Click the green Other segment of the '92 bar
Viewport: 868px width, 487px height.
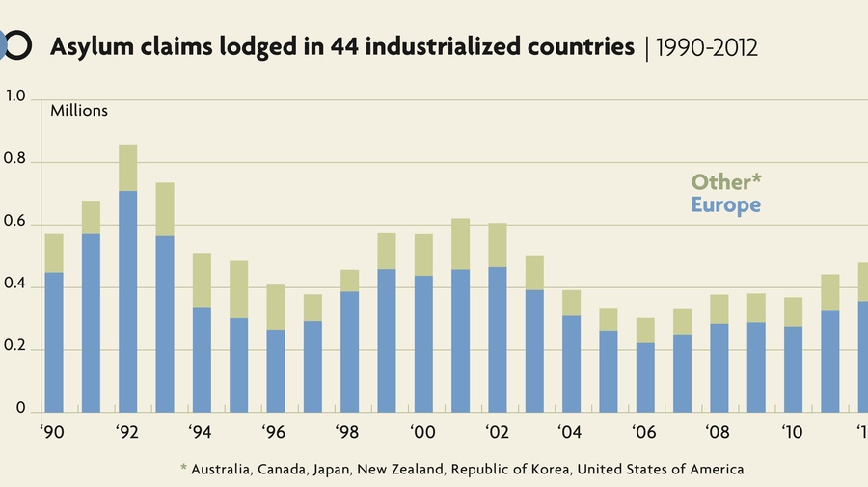[127, 168]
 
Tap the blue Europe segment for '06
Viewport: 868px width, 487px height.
[645, 377]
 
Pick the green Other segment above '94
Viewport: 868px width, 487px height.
[202, 280]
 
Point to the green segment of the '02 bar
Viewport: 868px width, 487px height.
[498, 245]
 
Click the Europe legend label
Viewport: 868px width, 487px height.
[725, 204]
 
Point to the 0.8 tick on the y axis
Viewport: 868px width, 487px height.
[18, 163]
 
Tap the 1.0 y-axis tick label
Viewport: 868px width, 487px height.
[18, 96]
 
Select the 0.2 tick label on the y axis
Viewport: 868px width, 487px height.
[18, 349]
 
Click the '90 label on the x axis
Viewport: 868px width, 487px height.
[52, 433]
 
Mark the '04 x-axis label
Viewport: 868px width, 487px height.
[571, 433]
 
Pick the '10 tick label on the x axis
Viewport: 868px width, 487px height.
[793, 433]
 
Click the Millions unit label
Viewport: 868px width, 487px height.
[79, 111]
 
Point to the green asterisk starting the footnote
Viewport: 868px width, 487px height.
[183, 469]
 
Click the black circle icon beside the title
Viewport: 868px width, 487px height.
[20, 44]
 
